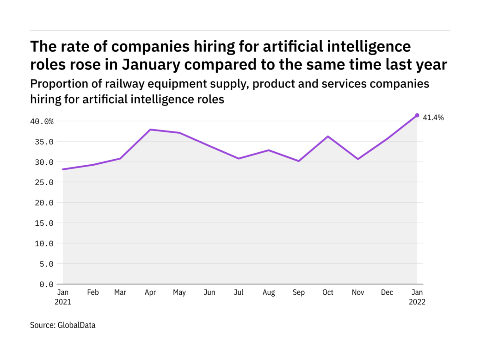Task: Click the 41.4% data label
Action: pyautogui.click(x=433, y=118)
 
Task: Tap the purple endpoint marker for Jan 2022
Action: pyautogui.click(x=417, y=115)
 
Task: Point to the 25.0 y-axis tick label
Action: pyautogui.click(x=44, y=182)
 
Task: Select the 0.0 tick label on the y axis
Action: pyautogui.click(x=46, y=284)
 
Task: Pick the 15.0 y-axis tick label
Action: pyautogui.click(x=44, y=223)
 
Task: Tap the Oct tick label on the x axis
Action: pyautogui.click(x=328, y=292)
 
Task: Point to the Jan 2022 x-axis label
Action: pyautogui.click(x=417, y=297)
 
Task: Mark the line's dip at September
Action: pyautogui.click(x=299, y=161)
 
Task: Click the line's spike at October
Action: pyautogui.click(x=328, y=137)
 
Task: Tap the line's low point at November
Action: pyautogui.click(x=358, y=159)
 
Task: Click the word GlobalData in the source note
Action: pyautogui.click(x=77, y=325)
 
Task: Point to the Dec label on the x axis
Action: pyautogui.click(x=388, y=292)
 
